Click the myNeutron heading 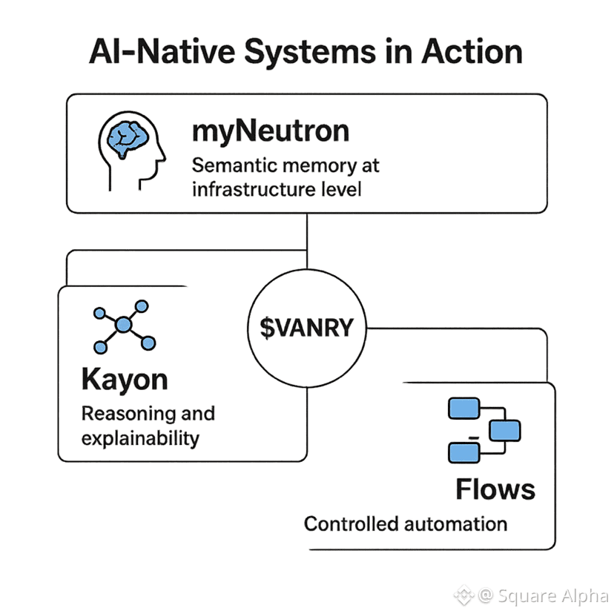click(270, 131)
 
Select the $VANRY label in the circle click(307, 328)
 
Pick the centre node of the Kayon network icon click(124, 324)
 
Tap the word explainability click(140, 438)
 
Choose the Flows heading click(495, 489)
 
